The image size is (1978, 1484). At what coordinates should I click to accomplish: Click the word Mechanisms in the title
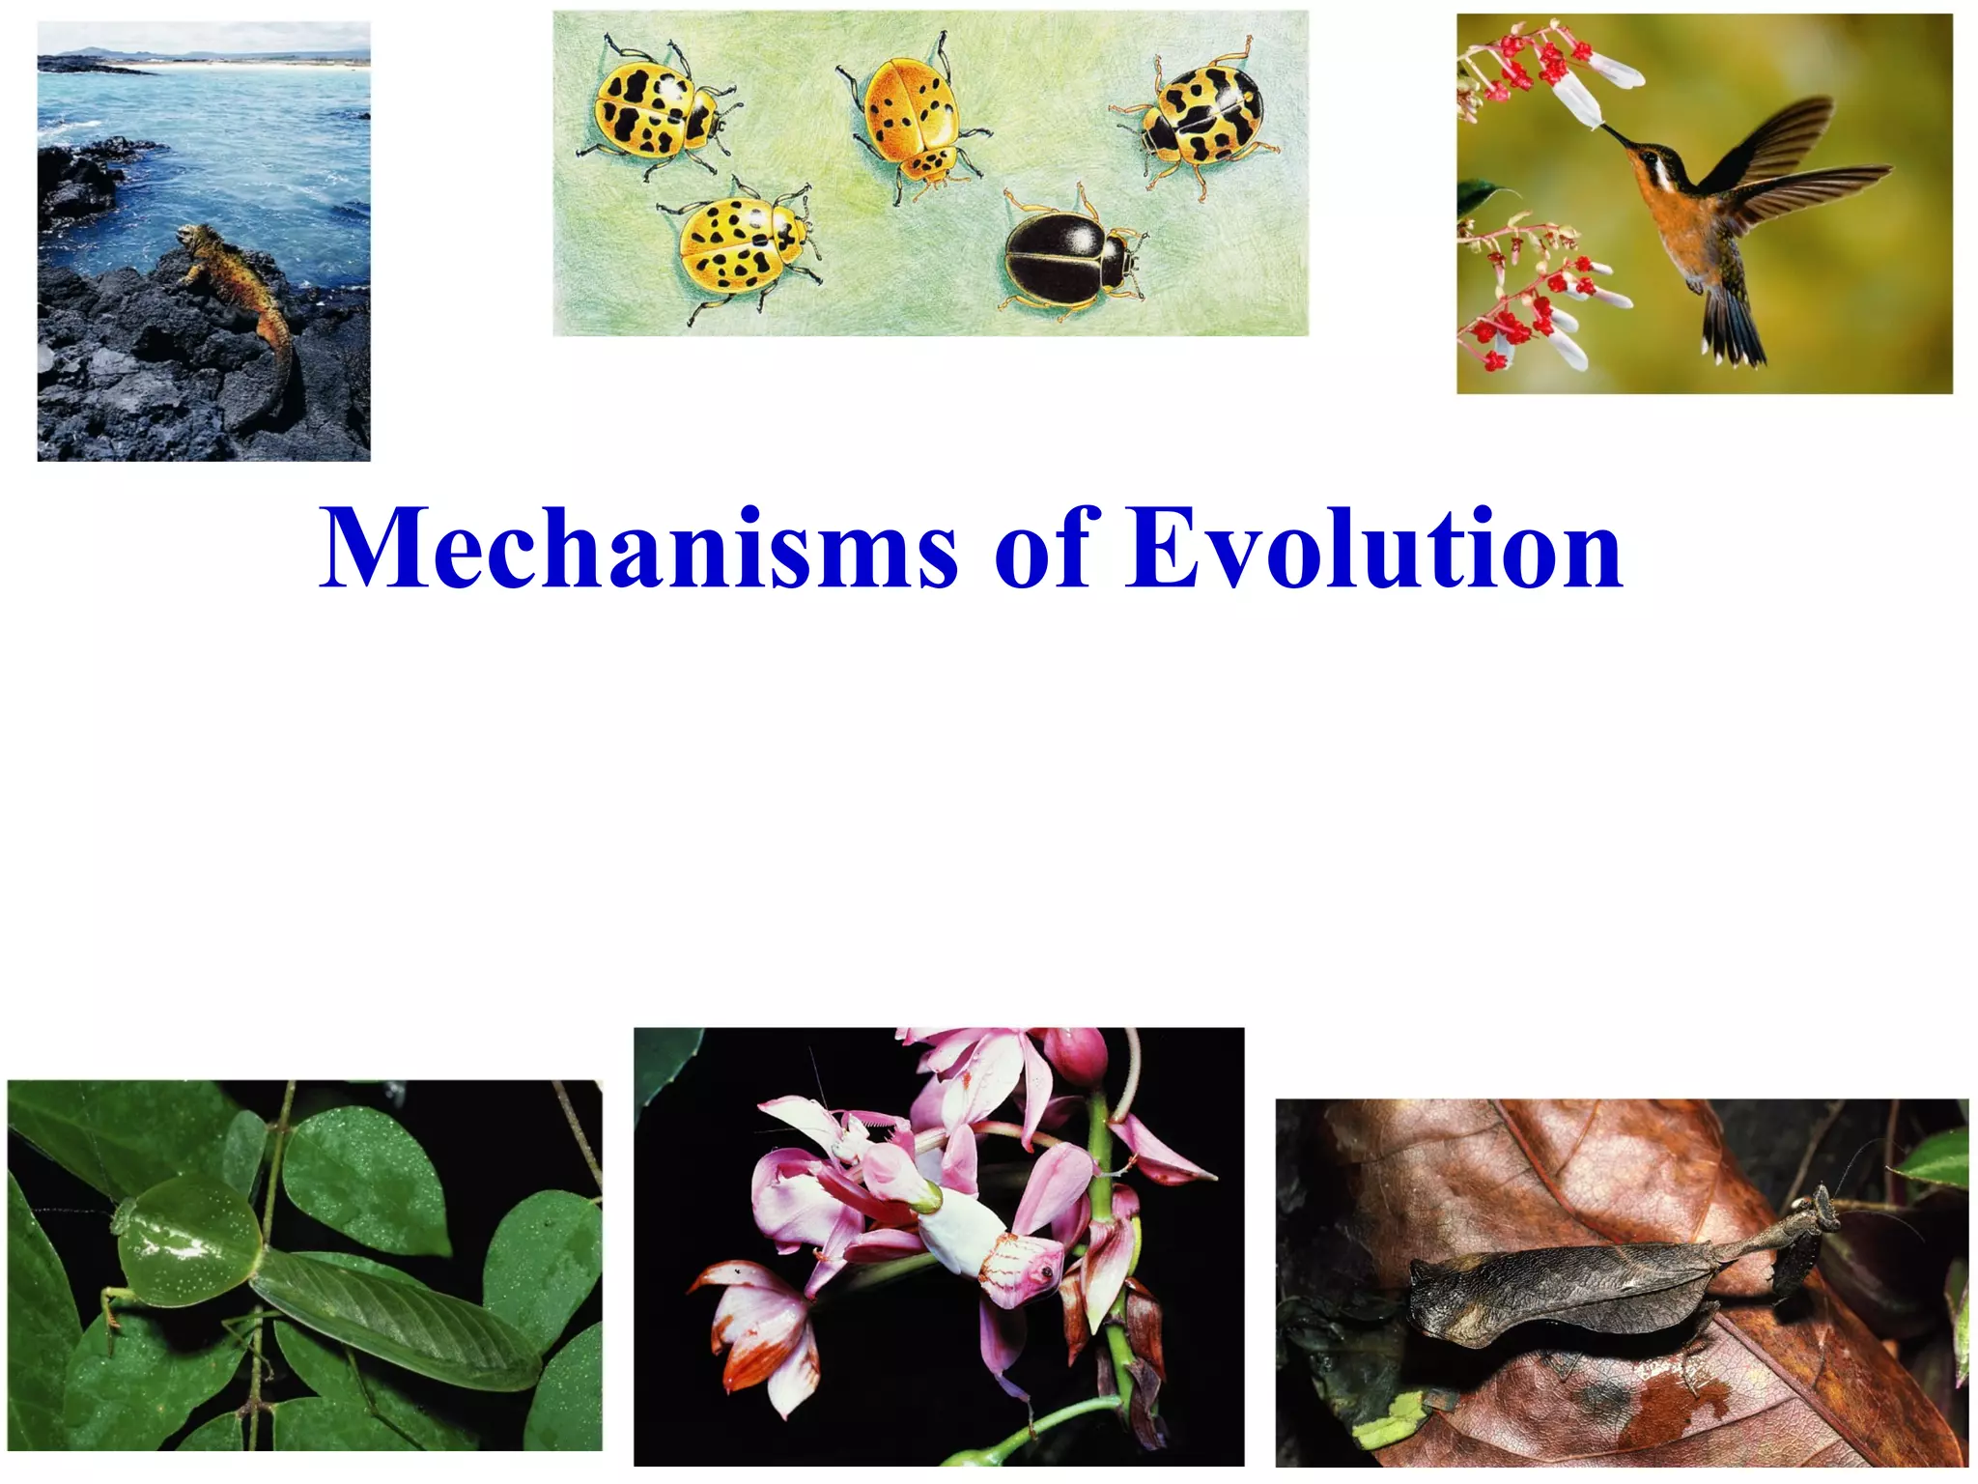point(638,548)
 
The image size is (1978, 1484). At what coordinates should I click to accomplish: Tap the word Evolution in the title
point(1375,548)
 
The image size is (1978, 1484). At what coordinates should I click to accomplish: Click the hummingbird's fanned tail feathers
point(1735,329)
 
